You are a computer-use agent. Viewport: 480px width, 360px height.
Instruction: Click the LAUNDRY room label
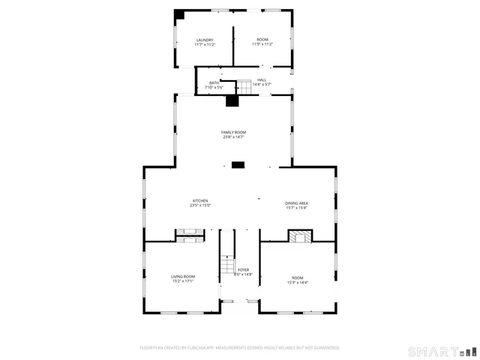tap(205, 40)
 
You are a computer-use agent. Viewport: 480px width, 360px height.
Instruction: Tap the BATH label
tap(214, 83)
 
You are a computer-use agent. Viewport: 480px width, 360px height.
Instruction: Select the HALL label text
tap(262, 79)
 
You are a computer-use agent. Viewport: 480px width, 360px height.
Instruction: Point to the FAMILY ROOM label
tap(233, 132)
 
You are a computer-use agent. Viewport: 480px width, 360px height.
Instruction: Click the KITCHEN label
tap(200, 200)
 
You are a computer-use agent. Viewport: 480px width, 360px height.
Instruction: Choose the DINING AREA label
tap(296, 203)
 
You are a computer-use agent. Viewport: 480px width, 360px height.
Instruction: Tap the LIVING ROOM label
tap(183, 277)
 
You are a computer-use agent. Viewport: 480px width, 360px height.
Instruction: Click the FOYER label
tap(243, 270)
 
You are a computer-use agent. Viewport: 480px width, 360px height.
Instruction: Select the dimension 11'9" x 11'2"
tap(262, 44)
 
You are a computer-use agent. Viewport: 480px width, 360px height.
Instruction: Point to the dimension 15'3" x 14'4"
tap(298, 282)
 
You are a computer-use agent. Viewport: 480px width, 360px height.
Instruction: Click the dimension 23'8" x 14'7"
tap(233, 137)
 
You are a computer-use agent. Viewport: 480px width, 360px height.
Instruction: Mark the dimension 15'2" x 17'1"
tap(183, 282)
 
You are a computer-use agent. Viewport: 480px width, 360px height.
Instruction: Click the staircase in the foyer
tap(227, 265)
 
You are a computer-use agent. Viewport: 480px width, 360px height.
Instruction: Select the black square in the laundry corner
tap(179, 14)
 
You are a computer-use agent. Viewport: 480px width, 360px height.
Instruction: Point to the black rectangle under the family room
tap(238, 164)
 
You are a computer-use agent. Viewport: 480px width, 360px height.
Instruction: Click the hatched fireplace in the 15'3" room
tap(299, 236)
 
